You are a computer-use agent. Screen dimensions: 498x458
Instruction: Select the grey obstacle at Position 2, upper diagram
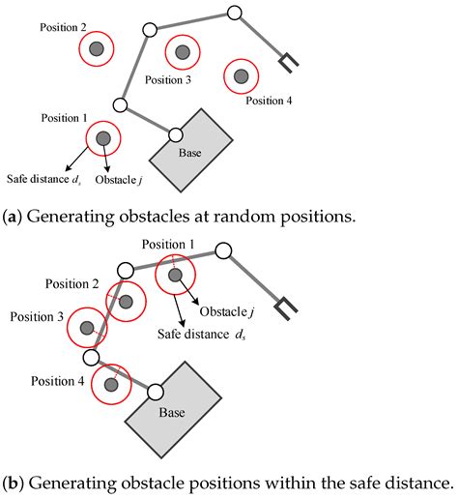coord(95,48)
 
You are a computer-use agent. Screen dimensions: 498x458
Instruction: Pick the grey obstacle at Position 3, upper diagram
coord(183,52)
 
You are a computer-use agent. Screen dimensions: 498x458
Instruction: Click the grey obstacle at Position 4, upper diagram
coord(241,75)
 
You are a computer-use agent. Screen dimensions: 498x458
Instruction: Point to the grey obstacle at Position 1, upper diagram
coord(102,139)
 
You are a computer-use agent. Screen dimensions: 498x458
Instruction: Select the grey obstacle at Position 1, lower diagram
coord(175,276)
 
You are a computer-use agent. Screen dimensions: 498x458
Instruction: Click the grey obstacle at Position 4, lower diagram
coord(111,385)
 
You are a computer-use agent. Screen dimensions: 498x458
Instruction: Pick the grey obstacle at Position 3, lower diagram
coord(87,329)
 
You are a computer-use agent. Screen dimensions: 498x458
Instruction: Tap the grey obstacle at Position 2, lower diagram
coord(124,300)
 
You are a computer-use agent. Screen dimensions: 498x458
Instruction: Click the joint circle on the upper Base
coord(176,134)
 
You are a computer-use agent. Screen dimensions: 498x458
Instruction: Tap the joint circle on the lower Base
coord(154,392)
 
